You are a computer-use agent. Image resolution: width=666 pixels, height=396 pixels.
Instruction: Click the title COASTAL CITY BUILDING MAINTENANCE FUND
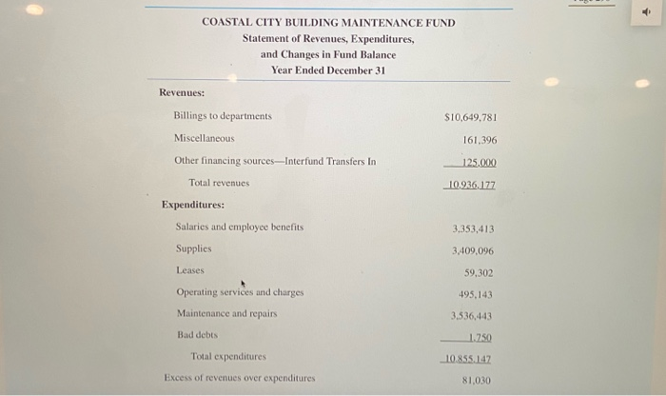(x=328, y=23)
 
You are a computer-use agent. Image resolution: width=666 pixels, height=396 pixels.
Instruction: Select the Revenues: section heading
(x=182, y=92)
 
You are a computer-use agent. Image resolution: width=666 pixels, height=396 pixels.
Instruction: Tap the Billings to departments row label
(x=223, y=116)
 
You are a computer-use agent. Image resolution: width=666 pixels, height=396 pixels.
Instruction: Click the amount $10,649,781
(x=470, y=118)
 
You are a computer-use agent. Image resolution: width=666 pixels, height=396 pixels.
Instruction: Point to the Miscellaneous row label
(x=204, y=139)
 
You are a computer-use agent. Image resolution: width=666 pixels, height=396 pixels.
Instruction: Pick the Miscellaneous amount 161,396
(x=480, y=140)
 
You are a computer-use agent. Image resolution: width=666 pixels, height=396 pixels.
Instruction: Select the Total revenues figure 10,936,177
(x=470, y=184)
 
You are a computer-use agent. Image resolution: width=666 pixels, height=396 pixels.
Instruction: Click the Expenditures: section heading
(x=193, y=205)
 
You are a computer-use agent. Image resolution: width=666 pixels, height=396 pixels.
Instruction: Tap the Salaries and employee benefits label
(x=240, y=228)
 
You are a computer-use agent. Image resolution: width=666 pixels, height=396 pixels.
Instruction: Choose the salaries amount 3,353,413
(x=473, y=229)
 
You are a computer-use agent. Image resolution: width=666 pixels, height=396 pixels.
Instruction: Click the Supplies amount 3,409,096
(x=473, y=251)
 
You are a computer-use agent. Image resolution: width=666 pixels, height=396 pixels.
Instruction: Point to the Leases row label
(x=190, y=270)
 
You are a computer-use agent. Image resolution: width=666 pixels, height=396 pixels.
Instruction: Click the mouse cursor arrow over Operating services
(x=244, y=283)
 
